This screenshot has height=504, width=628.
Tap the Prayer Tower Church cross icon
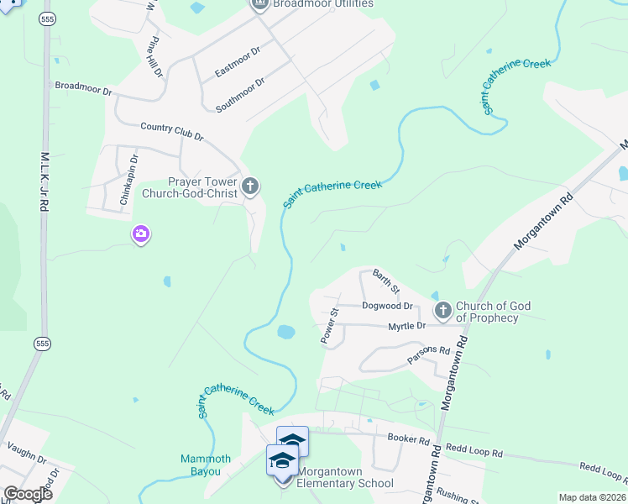[249, 186]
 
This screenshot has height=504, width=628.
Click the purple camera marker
[141, 234]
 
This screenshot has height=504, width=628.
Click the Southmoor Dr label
[240, 94]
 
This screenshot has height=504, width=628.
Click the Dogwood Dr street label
[387, 307]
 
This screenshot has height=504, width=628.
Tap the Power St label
[328, 326]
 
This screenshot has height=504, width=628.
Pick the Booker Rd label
[409, 438]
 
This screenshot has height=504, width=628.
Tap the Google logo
[28, 494]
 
